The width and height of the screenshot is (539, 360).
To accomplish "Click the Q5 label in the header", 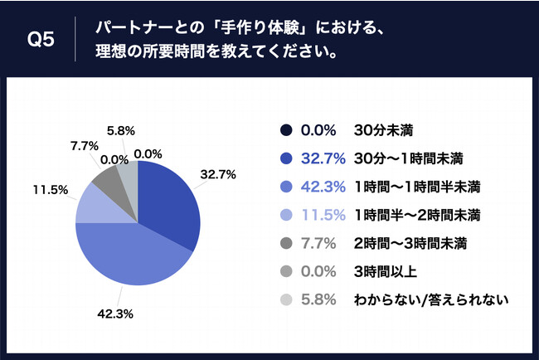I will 41,40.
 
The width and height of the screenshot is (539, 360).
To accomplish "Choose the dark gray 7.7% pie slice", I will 105,177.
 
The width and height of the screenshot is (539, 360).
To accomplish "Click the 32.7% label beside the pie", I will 219,174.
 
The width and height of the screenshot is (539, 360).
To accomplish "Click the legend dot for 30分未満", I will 287,130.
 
